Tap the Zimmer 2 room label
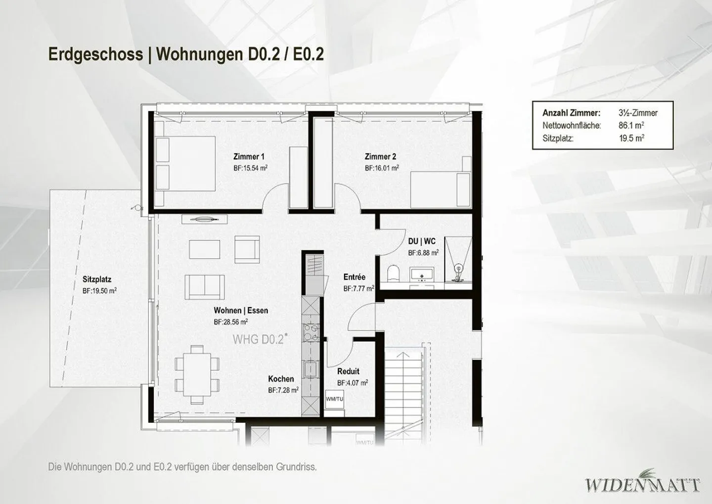pos(380,157)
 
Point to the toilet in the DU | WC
pos(394,273)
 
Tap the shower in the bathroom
pos(458,262)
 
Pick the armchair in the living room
pos(247,250)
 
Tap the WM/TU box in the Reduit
pos(334,399)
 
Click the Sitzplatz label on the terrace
pos(97,279)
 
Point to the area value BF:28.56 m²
pos(231,321)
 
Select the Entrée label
pos(355,277)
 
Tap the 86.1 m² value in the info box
pos(631,126)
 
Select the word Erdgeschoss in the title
pos(95,54)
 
